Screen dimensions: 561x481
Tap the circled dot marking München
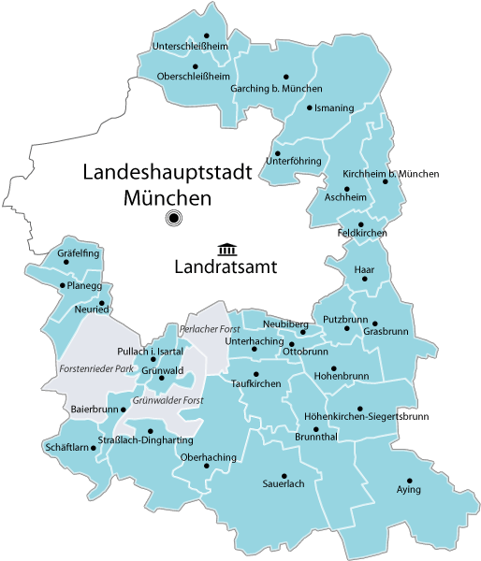[x=173, y=219]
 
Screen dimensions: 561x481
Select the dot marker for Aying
[x=409, y=481]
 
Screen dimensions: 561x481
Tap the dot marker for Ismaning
[x=310, y=108]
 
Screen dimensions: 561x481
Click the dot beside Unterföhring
[x=278, y=152]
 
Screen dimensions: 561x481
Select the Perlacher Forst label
[x=211, y=329]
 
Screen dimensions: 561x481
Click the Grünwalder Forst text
[x=168, y=400]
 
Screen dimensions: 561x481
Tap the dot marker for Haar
[x=365, y=279]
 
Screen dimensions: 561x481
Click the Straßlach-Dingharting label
[x=145, y=439]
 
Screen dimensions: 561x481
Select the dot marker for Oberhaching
[x=207, y=465]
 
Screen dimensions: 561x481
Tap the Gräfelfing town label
[x=78, y=253]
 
